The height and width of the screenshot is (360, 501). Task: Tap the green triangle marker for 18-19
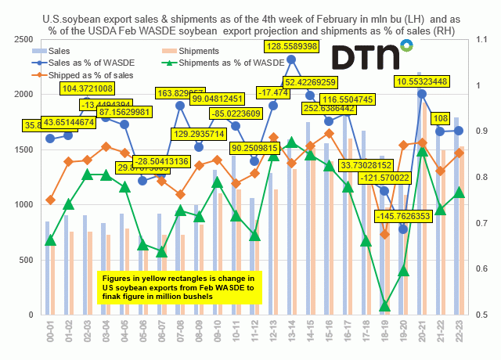[x=384, y=306]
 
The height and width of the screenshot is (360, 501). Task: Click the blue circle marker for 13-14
[x=291, y=59]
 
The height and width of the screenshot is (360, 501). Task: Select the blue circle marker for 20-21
[x=423, y=94]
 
